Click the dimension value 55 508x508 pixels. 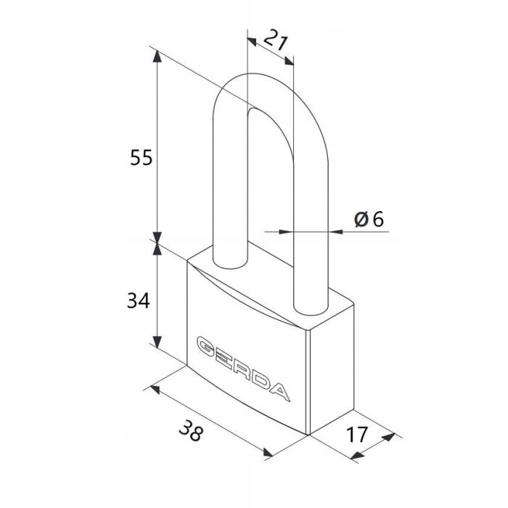tap(142, 157)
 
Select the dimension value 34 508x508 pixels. tap(139, 300)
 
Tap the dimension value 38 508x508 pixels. tap(191, 430)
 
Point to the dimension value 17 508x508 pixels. tap(357, 434)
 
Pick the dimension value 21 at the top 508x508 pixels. tap(276, 40)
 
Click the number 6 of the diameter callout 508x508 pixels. tap(378, 219)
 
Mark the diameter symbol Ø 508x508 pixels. tap(361, 219)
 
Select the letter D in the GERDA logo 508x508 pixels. tap(260, 381)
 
